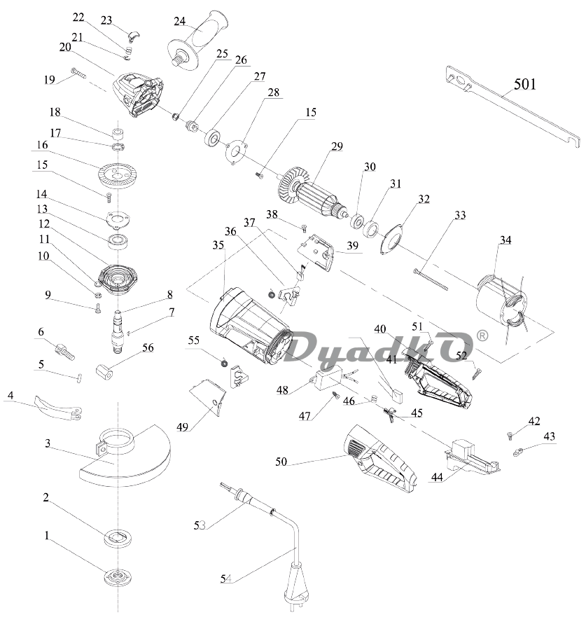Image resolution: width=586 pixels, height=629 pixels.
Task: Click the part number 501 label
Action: (x=525, y=85)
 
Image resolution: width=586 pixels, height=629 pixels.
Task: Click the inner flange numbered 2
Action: (x=119, y=537)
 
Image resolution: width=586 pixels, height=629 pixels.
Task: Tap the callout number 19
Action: (x=49, y=80)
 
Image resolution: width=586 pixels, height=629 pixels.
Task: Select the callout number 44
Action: (x=438, y=478)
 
